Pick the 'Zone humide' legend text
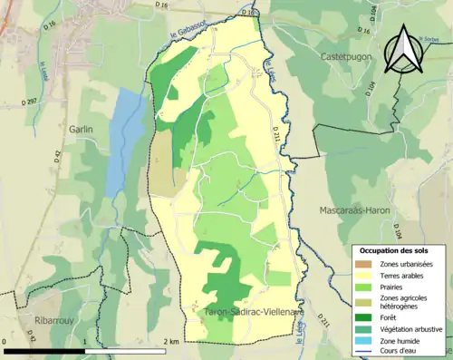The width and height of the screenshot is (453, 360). [401, 340]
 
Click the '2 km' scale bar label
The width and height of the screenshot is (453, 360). [170, 341]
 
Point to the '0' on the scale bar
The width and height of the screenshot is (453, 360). [6, 341]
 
